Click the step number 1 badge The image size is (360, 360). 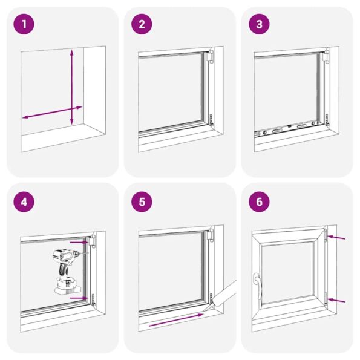click(24, 25)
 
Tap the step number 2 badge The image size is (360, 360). click(142, 25)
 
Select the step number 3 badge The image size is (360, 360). click(259, 25)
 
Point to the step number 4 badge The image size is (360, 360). click(24, 201)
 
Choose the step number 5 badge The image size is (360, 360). click(142, 201)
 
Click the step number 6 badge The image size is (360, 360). click(259, 201)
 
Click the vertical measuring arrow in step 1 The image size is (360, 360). click(72, 85)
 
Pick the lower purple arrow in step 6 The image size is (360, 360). click(337, 301)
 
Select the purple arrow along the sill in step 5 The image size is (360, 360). click(175, 320)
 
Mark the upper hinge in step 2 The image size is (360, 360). click(211, 59)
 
